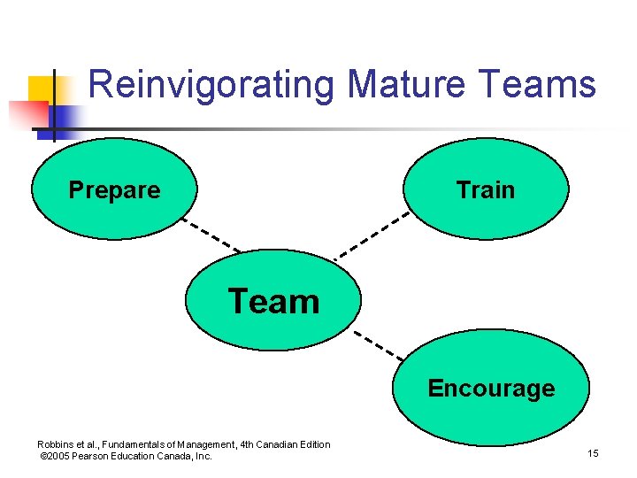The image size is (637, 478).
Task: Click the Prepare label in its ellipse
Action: tap(114, 190)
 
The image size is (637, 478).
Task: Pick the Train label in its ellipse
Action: tap(485, 190)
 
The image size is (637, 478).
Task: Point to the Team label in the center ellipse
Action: tap(273, 302)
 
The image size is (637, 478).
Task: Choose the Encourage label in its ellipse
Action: tap(491, 389)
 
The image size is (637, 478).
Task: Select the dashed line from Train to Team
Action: tap(372, 235)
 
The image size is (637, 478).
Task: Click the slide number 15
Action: tap(593, 454)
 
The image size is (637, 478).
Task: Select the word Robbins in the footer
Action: tap(56, 444)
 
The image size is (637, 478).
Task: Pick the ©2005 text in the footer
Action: tap(58, 456)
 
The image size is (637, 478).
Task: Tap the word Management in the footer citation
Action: tap(203, 444)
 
